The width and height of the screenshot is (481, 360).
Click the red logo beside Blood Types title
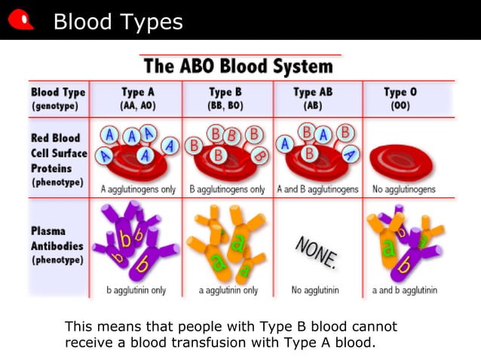20,20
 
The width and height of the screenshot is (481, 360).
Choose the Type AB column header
313,99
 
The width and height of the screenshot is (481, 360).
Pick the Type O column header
400,99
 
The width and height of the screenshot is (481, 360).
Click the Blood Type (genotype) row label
58,99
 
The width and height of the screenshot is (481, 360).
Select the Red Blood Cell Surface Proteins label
58,160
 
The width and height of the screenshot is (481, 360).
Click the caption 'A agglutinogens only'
137,190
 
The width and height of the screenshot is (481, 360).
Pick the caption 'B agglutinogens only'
228,190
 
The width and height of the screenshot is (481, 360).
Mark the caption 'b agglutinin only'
137,290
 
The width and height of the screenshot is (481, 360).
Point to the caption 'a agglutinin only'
228,290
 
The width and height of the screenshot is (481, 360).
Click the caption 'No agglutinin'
315,290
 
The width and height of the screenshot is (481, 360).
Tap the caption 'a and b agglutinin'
404,290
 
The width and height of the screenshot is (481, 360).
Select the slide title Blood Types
118,22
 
